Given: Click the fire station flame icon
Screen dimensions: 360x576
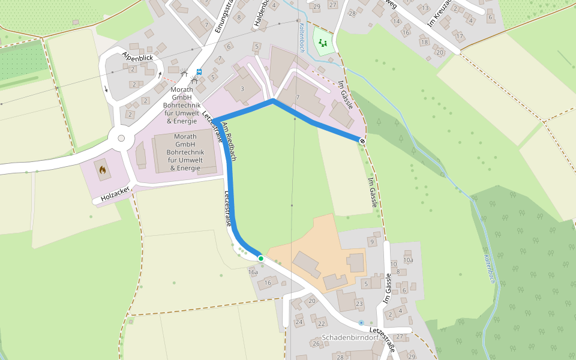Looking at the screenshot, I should pos(103,170).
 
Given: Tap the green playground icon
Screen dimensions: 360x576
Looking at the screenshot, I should pos(323,43).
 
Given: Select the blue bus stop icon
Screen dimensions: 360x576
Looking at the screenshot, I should pos(199,71).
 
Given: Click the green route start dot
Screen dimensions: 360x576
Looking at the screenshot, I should pos(261,259).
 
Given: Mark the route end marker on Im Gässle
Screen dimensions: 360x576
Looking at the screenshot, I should pos(362,141).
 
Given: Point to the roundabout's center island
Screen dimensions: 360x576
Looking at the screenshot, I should pos(121,138).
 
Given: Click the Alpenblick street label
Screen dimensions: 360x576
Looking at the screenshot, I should pos(138,58).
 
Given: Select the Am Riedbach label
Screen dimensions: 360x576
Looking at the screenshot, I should pos(229,142).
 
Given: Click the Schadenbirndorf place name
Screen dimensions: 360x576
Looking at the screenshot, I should pos(350,338).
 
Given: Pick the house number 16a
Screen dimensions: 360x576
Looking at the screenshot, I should pos(253,272).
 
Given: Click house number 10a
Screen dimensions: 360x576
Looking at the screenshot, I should pos(408,260).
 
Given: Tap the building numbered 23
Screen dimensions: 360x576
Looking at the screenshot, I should pos(359,304).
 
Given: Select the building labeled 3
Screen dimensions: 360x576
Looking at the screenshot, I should pos(242,89).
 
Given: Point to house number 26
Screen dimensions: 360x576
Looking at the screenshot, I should pos(316,343).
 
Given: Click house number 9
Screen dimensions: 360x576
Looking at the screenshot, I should pos(371,242).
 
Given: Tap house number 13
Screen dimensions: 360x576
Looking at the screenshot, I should pos(425,8).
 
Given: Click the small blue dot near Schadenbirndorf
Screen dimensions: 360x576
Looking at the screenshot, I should pos(361,323).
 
